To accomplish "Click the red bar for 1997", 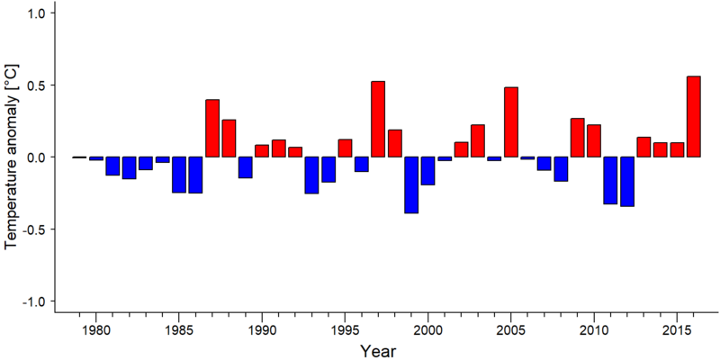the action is [378, 119].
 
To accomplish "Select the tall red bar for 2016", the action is [693, 117].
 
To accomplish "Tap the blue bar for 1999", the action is [411, 185].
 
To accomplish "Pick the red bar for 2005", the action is [511, 122].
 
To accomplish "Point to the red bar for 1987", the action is [212, 128].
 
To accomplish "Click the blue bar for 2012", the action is [627, 182].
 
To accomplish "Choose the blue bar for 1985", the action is [179, 175].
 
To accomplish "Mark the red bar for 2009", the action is [577, 138].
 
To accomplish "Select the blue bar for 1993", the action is [311, 175].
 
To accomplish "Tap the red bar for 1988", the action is [229, 139].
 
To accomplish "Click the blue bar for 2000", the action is [428, 171].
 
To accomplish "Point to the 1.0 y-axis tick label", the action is [35, 13].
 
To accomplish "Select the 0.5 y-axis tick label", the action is [35, 85].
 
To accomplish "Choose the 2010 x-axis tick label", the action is [594, 330].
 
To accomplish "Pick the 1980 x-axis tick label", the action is [96, 330].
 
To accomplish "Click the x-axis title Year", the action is [377, 351].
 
